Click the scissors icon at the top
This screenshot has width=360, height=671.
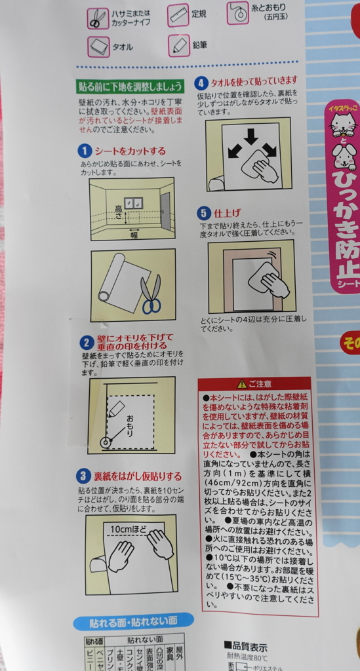coord(98,18)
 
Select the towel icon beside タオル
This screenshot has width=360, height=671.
coord(98,47)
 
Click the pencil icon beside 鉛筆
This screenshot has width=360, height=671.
coord(178,45)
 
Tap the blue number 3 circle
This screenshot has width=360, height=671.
coord(84,476)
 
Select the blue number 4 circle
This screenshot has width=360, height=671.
coord(202,83)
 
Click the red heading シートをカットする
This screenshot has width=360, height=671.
coord(130,151)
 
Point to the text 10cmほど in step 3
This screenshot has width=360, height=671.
coord(129,529)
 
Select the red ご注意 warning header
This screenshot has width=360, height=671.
coord(254,383)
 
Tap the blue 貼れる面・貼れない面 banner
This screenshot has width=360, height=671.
coord(133,621)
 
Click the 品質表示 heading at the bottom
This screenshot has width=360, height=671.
coord(246,647)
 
